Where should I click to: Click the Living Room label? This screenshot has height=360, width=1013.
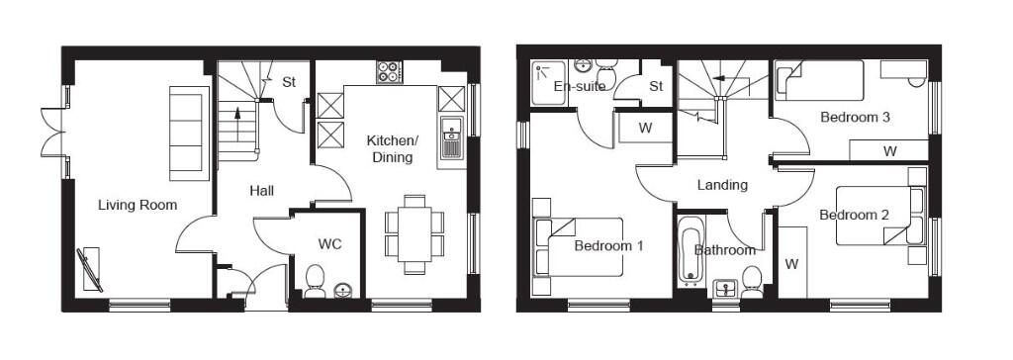pyautogui.click(x=138, y=205)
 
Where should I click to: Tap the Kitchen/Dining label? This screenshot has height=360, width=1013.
pyautogui.click(x=393, y=148)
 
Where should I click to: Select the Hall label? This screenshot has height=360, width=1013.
pyautogui.click(x=262, y=190)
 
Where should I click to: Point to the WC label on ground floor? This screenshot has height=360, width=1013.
pyautogui.click(x=329, y=243)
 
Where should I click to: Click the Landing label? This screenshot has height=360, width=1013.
pyautogui.click(x=722, y=185)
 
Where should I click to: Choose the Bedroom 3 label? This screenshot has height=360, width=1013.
pyautogui.click(x=856, y=117)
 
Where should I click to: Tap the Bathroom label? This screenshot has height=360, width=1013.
pyautogui.click(x=724, y=250)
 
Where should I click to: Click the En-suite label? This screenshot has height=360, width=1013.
pyautogui.click(x=579, y=86)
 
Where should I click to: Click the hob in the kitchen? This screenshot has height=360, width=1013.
pyautogui.click(x=389, y=72)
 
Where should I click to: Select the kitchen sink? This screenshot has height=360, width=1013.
pyautogui.click(x=451, y=138)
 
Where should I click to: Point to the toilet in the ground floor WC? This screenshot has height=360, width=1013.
pyautogui.click(x=316, y=281)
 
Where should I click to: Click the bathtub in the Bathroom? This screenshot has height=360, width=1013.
pyautogui.click(x=689, y=253)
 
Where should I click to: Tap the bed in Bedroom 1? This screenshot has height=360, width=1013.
pyautogui.click(x=579, y=246)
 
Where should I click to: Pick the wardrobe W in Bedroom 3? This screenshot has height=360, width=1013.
pyautogui.click(x=889, y=150)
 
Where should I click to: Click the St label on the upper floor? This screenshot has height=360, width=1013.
pyautogui.click(x=656, y=86)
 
